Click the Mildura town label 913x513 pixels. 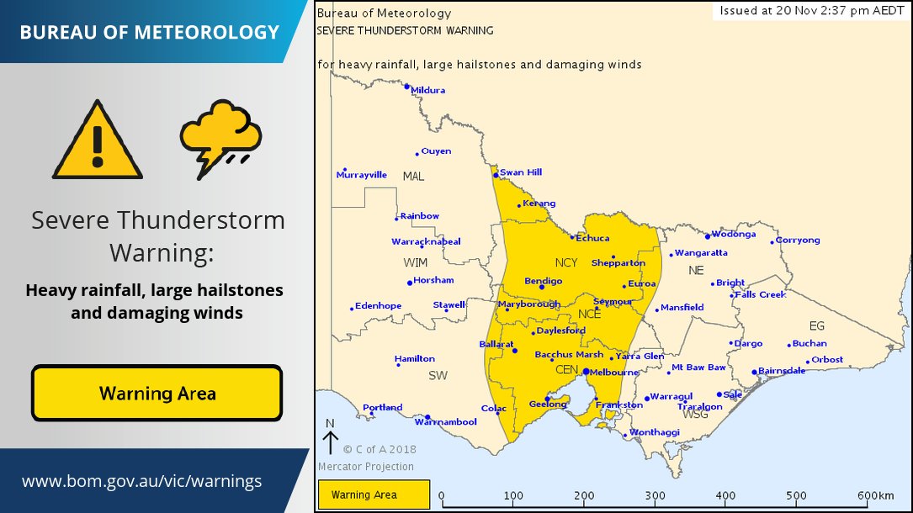pyautogui.click(x=428, y=90)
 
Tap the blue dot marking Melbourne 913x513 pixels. pyautogui.click(x=586, y=371)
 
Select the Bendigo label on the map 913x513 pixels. pyautogui.click(x=543, y=280)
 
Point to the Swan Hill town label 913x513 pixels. pyautogui.click(x=521, y=172)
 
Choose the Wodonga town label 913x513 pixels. pyautogui.click(x=733, y=235)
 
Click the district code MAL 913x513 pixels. pyautogui.click(x=413, y=177)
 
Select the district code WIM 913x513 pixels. pyautogui.click(x=415, y=262)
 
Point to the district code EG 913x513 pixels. pyautogui.click(x=816, y=325)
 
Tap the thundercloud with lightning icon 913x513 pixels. pyautogui.click(x=220, y=138)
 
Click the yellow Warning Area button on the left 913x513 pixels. pyautogui.click(x=157, y=393)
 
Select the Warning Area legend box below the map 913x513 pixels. pyautogui.click(x=374, y=494)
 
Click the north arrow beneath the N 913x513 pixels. pyautogui.click(x=330, y=443)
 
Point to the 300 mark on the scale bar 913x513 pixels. pyautogui.click(x=656, y=496)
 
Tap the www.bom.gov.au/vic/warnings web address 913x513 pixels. pyautogui.click(x=141, y=482)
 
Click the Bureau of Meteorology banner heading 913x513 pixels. pyautogui.click(x=149, y=33)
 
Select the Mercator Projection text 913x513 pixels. pyautogui.click(x=366, y=467)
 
